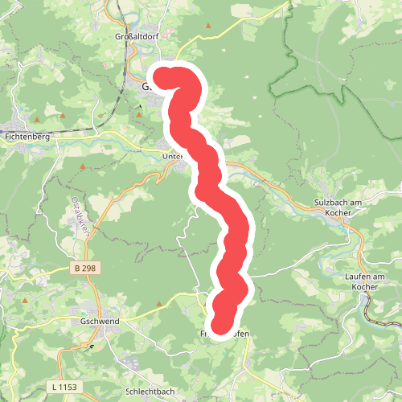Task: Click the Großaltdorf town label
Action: (134, 36)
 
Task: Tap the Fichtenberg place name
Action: (27, 137)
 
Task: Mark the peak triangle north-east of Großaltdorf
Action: (209, 27)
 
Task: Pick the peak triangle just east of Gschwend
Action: (158, 305)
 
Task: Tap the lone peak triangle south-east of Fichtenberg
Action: (83, 167)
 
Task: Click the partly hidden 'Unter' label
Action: (174, 157)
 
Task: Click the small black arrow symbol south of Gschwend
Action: (92, 346)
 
